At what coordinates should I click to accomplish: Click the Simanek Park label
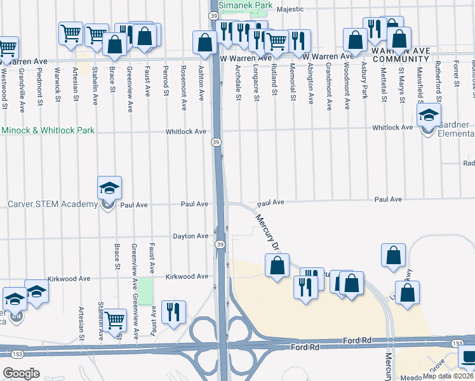(245, 5)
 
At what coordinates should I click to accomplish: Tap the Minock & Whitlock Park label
(48, 130)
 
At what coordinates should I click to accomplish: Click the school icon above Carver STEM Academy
(109, 187)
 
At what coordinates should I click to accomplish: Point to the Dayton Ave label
(191, 236)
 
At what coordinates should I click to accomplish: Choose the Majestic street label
(302, 10)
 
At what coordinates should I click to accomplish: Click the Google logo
(21, 373)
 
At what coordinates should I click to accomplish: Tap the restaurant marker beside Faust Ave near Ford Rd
(173, 312)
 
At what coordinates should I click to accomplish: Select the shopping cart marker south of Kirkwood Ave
(114, 320)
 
